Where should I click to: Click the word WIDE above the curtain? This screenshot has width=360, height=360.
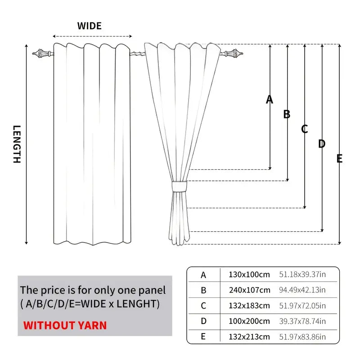89,26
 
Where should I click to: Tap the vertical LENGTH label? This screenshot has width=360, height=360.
17,144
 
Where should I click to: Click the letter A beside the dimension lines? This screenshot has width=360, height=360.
270,99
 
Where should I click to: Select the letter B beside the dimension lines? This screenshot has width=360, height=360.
287,114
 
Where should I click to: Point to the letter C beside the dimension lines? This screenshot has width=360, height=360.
305,130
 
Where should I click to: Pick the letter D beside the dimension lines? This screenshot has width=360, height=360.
322,144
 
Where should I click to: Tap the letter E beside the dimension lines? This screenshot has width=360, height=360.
339,158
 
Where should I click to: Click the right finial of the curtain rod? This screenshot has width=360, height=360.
233,54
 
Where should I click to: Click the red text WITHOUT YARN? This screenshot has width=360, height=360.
65,325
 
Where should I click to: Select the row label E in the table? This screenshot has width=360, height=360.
203,337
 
